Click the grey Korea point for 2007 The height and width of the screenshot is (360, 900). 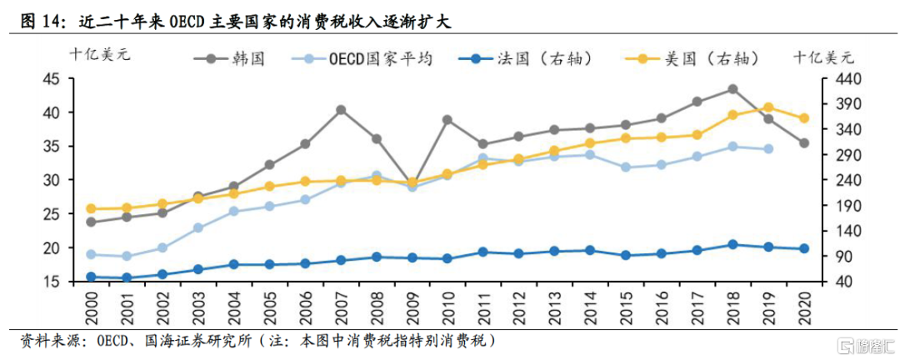pyautogui.click(x=341, y=109)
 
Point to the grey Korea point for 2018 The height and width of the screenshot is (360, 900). pyautogui.click(x=732, y=89)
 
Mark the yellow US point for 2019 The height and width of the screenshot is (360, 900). pyautogui.click(x=767, y=107)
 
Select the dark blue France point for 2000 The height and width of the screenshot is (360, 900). pyautogui.click(x=91, y=277)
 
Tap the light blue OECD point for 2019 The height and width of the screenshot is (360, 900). pyautogui.click(x=767, y=149)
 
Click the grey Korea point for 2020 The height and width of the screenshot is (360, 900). pyautogui.click(x=803, y=143)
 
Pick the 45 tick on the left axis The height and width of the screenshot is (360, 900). pyautogui.click(x=51, y=78)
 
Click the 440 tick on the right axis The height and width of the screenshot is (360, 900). pyautogui.click(x=837, y=78)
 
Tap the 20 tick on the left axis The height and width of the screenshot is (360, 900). pyautogui.click(x=51, y=247)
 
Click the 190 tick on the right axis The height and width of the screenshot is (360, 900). pyautogui.click(x=837, y=206)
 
